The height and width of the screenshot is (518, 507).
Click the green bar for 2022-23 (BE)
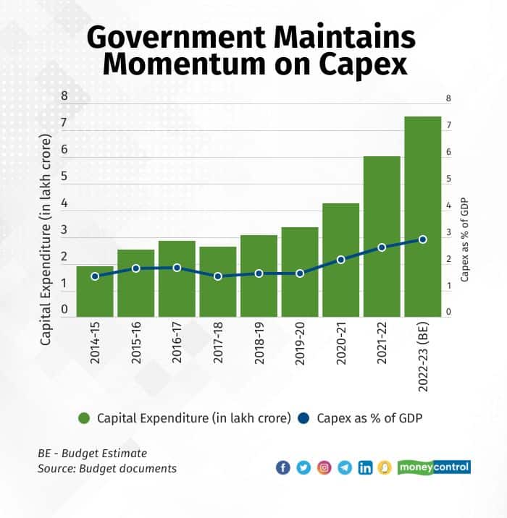coord(422,217)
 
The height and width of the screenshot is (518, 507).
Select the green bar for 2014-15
coord(95,293)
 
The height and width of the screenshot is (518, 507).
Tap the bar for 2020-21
coord(340,260)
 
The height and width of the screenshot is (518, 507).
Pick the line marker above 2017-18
coord(218,276)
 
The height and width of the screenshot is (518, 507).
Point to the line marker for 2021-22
coord(382,247)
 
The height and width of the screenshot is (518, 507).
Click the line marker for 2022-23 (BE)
coord(423,239)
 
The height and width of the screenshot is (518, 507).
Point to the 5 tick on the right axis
coord(449,179)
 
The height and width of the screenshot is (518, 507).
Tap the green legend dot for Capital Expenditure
coord(84,418)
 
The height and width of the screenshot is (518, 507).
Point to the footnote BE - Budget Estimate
coord(92,453)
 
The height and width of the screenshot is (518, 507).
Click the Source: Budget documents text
coord(107,469)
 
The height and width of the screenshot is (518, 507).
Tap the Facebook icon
coord(283,467)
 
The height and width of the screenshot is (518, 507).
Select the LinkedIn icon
coord(365,467)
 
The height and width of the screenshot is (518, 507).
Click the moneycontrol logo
coord(434,467)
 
